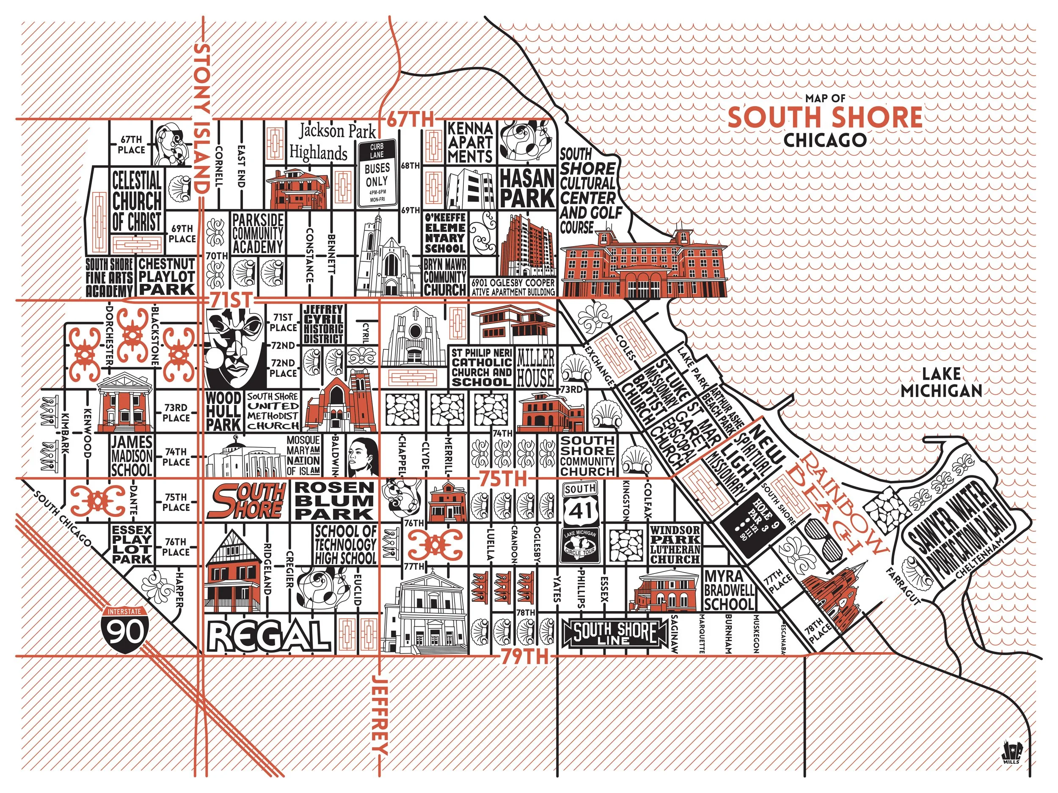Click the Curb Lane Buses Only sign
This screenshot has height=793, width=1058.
pos(377,173)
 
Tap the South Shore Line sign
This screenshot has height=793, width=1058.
pos(616,632)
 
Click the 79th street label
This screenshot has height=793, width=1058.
pos(524,657)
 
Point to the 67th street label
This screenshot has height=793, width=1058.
pos(411,118)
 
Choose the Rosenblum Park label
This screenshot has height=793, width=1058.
pos(334,500)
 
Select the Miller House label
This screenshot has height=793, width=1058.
pos(535,367)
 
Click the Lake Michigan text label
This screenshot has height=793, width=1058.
pos(941,382)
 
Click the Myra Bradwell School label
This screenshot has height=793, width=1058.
pos(729,590)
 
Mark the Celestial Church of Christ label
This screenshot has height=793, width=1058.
pos(136,201)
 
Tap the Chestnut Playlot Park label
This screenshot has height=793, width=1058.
pos(166,276)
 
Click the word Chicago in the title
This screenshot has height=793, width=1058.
pos(824,140)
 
